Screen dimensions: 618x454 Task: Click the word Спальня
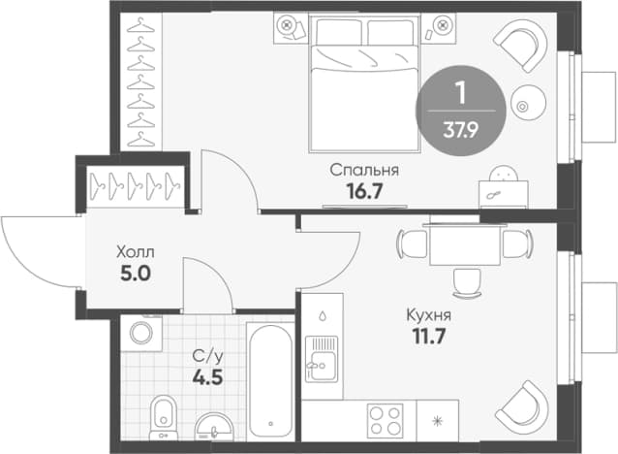pyautogui.click(x=364, y=170)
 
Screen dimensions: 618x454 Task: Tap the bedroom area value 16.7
pyautogui.click(x=364, y=191)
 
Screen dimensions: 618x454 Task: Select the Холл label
pyautogui.click(x=136, y=252)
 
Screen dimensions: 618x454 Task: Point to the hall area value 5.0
pyautogui.click(x=136, y=274)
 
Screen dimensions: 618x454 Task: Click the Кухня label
pyautogui.click(x=429, y=315)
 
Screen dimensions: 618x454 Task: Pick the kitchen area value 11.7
pyautogui.click(x=429, y=337)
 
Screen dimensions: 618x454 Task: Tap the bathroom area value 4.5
pyautogui.click(x=207, y=377)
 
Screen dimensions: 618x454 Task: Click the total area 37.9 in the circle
pyautogui.click(x=461, y=130)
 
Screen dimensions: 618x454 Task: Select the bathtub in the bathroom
pyautogui.click(x=271, y=381)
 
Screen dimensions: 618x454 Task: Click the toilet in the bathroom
pyautogui.click(x=164, y=417)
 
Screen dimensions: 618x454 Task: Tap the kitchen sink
pyautogui.click(x=322, y=359)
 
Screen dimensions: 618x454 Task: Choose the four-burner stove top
pyautogui.click(x=386, y=420)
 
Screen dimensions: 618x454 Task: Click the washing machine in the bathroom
pyautogui.click(x=141, y=333)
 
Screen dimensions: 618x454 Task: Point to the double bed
pyautogui.click(x=364, y=83)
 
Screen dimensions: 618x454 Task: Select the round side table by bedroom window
pyautogui.click(x=528, y=103)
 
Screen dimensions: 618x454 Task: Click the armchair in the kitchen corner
pyautogui.click(x=522, y=408)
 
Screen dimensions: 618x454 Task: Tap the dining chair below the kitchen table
pyautogui.click(x=467, y=282)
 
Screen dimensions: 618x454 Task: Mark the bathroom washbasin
pyautogui.click(x=214, y=427)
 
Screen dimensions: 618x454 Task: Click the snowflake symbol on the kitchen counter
pyautogui.click(x=438, y=421)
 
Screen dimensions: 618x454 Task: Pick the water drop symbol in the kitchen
pyautogui.click(x=323, y=315)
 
